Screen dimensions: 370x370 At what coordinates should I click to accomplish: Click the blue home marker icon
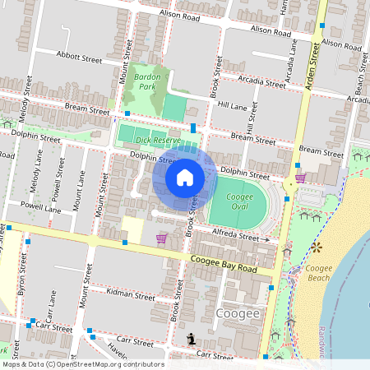click(x=185, y=178)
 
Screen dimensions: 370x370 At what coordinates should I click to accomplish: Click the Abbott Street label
click(x=79, y=58)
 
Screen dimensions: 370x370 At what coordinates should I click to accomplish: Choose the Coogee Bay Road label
click(x=224, y=264)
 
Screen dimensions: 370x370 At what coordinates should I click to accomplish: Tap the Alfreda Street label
click(x=237, y=236)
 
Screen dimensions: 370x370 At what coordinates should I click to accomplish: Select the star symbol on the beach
click(x=316, y=247)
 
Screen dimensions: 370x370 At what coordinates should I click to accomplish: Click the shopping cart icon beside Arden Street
click(x=300, y=178)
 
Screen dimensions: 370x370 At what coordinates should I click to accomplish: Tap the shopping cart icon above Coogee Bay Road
click(x=161, y=238)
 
